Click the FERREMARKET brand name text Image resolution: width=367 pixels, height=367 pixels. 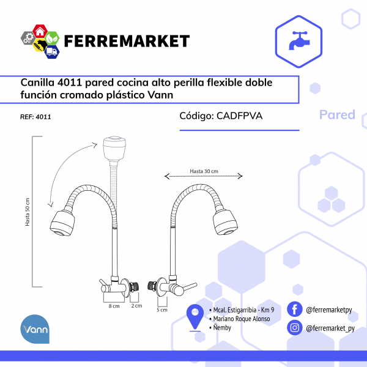pos(127,41)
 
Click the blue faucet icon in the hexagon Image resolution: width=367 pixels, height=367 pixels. pos(299,39)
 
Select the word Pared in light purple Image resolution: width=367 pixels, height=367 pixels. pos(337,114)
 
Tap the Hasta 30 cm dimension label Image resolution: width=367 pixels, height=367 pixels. pos(204,171)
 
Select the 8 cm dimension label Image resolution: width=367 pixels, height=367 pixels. pos(114,305)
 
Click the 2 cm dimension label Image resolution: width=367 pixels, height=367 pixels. pos(137,305)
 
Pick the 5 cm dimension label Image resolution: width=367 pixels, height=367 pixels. pos(163,310)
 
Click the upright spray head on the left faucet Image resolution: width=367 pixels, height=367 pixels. pos(114,149)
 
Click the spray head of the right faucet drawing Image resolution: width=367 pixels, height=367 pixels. pos(228,221)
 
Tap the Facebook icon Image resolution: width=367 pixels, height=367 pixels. pos(295,310)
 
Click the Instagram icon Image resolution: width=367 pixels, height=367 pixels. pos(295,327)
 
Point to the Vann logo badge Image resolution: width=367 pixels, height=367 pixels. pos(35,330)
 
